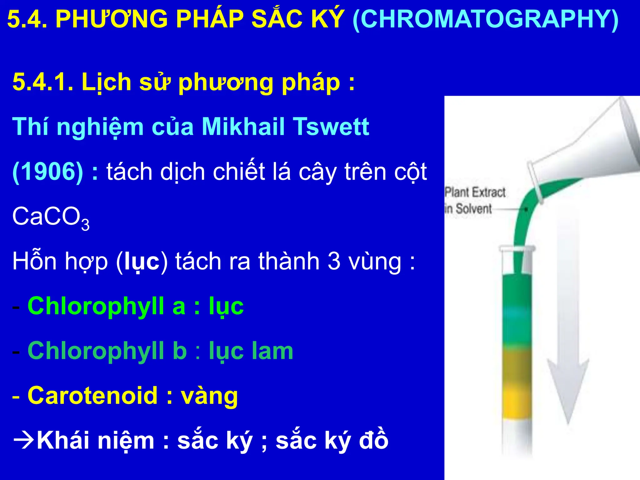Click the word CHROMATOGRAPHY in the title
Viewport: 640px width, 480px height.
485,19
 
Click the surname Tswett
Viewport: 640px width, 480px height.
331,127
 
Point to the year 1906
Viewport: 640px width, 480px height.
48,172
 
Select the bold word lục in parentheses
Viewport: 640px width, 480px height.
142,261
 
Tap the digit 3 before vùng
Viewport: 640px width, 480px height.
334,261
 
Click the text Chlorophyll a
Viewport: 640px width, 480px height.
106,306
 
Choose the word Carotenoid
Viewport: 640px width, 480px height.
92,396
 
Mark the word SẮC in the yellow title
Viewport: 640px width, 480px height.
271,19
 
